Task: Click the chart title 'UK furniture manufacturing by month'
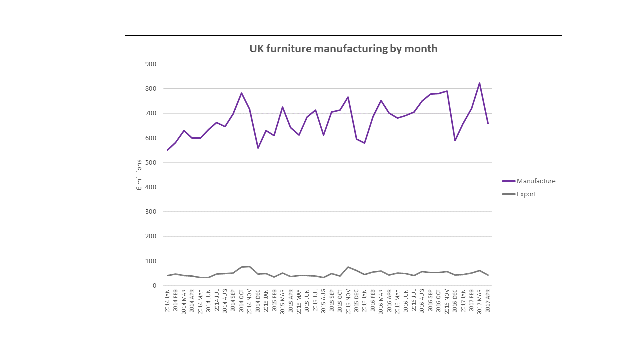coord(343,49)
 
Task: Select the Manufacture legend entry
coord(536,181)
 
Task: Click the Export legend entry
coord(526,194)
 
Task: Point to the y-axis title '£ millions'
coord(139,175)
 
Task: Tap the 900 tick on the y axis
coord(151,64)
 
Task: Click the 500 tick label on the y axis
coord(151,163)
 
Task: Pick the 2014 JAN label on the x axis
coord(168,300)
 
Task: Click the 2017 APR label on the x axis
coord(488,300)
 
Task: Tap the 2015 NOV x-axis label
coord(348,300)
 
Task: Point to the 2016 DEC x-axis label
coord(455,300)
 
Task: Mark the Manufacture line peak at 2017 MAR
coord(480,83)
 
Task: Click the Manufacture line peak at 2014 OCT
coord(241,93)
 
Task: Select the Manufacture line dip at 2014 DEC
coord(258,148)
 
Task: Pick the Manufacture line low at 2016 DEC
coord(455,140)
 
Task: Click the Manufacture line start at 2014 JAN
coord(168,150)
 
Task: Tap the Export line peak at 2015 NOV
coord(348,267)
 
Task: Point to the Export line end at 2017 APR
coord(488,275)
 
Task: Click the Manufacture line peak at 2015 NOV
coord(348,97)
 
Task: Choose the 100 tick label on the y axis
coord(151,261)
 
